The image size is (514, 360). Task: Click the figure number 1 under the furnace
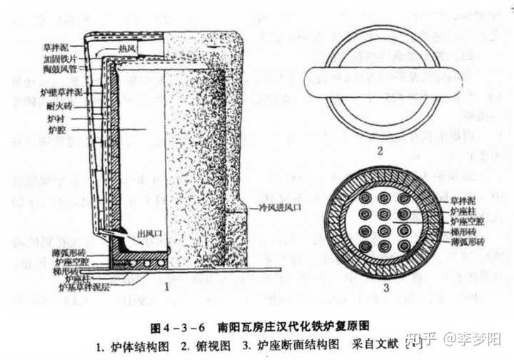pyautogui.click(x=166, y=286)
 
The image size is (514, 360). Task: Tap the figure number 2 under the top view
pyautogui.click(x=381, y=151)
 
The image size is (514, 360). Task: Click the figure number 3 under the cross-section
pyautogui.click(x=385, y=287)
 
